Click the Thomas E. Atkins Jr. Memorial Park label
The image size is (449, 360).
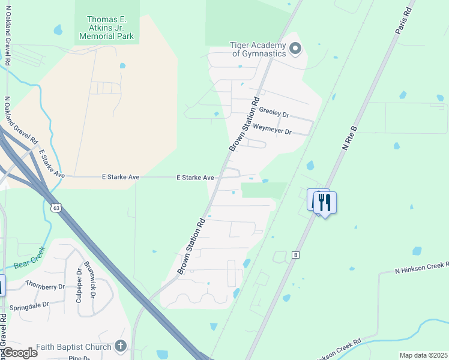pos(108,28)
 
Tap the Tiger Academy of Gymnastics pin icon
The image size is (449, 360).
pos(295,49)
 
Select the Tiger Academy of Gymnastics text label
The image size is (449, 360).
pos(259,49)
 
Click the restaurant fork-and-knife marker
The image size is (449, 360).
pos(325,202)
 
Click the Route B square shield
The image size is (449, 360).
pos(295,255)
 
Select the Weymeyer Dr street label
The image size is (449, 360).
pos(272,129)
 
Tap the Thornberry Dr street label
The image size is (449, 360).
pos(44,285)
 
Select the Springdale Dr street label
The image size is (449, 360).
pos(29,305)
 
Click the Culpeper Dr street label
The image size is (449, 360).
pos(79,287)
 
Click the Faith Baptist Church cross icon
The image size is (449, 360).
pos(121,346)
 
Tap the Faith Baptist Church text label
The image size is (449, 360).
pos(74,347)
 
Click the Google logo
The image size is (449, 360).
pos(19,353)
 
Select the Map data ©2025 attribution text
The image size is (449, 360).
pos(423,355)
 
